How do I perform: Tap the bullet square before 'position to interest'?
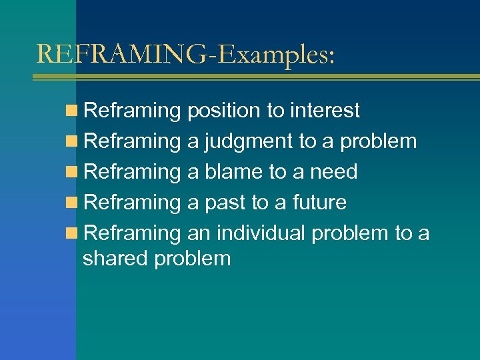pos(75,111)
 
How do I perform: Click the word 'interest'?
pos(325,110)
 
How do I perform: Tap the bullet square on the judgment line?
pos(75,141)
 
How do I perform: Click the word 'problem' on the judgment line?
pos(378,141)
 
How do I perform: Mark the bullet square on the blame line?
pos(75,172)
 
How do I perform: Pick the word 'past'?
pos(225,203)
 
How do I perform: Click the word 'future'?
pos(319,203)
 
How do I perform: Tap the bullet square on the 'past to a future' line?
pos(75,203)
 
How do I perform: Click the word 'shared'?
pos(115,258)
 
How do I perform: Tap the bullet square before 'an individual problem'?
pos(75,233)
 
